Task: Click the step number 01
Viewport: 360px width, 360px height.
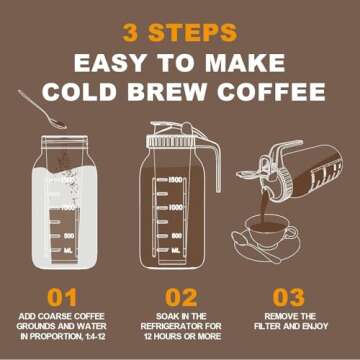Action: (63, 298)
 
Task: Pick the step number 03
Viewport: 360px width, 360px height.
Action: (291, 298)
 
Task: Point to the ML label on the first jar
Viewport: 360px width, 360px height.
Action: (68, 250)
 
